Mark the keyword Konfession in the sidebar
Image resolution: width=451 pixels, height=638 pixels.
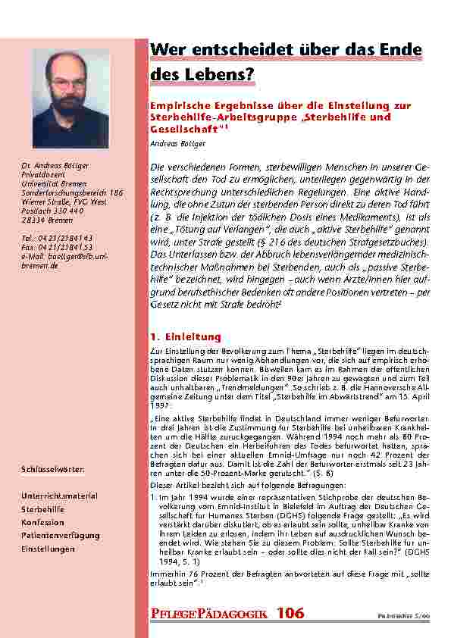coord(42,522)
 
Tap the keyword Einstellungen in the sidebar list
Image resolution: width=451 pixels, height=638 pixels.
coord(49,549)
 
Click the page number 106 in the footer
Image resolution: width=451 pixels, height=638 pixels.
coord(290,612)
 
